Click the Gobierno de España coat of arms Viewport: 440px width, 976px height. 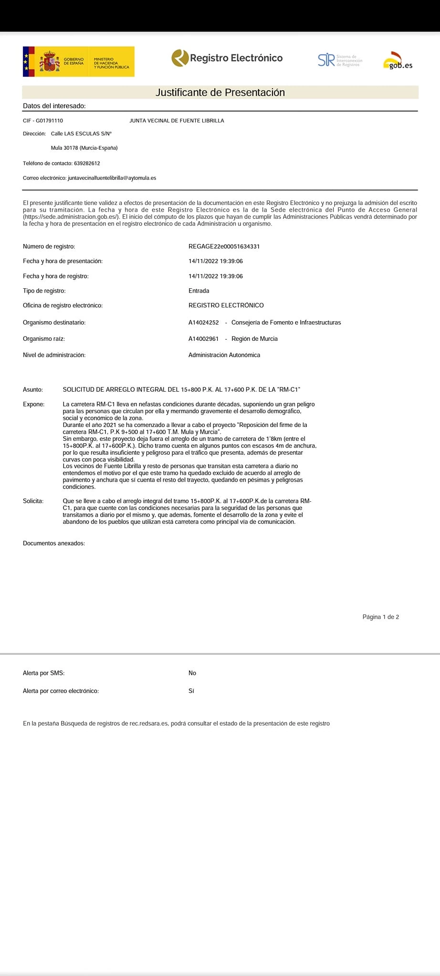coord(49,61)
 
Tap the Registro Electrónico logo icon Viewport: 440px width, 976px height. coord(180,58)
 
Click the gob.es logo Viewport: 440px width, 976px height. coord(398,61)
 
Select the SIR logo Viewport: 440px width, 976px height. coord(326,60)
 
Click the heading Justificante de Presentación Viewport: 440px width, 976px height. coord(220,92)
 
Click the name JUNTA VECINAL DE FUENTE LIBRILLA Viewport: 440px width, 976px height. coord(177,121)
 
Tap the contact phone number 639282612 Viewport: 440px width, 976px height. coord(87,163)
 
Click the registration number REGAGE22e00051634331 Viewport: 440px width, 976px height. coord(224,246)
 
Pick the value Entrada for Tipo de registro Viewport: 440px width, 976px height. coord(199,291)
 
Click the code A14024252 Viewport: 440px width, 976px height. coord(203,323)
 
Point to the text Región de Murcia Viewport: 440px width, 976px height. coord(254,339)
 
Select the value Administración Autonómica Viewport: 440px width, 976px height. coord(224,355)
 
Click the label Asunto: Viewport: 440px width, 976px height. coord(33,390)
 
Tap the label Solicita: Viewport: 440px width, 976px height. coord(33,501)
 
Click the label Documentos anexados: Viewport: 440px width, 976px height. coord(54,543)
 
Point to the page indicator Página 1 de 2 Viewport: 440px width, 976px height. coord(380,617)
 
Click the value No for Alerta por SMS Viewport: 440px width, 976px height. coord(192,673)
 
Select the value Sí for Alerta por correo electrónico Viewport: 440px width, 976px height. coord(191,691)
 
